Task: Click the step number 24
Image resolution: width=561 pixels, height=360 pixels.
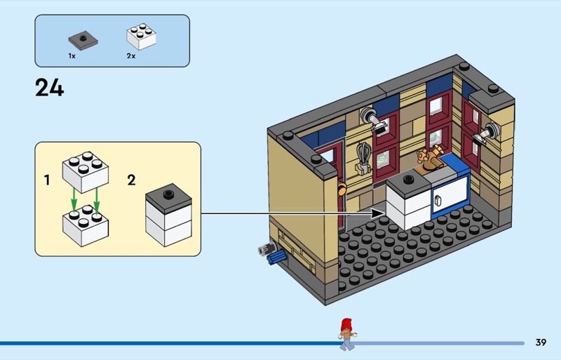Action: coord(49,88)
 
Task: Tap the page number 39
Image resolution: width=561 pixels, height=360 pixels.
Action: coord(541,342)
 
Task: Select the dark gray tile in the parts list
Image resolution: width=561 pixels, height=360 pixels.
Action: coord(82,39)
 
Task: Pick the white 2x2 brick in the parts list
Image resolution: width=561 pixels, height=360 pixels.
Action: coord(141,38)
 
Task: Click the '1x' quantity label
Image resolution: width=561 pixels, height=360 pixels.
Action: coord(72,55)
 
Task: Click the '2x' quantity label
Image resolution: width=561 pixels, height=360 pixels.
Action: coord(131,55)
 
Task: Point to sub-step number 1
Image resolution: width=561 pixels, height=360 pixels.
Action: coord(47,180)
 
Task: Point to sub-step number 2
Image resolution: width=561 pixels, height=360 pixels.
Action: coord(131,180)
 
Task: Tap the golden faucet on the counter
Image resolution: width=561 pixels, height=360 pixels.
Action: coord(424,159)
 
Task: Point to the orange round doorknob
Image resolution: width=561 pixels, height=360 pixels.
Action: coord(342,187)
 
